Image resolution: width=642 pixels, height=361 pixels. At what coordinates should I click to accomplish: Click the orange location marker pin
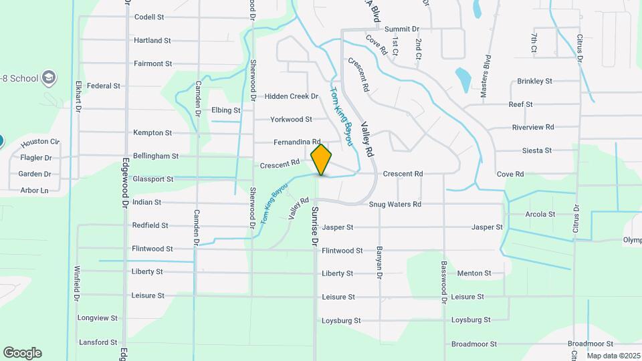click(322, 159)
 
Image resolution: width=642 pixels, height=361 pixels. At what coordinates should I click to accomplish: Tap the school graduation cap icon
click(48, 78)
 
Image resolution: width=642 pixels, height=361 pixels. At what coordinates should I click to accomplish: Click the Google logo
click(22, 353)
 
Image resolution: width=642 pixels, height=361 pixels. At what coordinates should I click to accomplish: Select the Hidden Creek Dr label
click(291, 96)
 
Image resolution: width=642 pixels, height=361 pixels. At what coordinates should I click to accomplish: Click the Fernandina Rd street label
click(297, 142)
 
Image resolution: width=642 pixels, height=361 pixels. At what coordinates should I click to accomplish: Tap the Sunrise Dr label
click(315, 226)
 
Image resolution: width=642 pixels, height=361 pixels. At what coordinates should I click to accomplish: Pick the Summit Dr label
click(402, 29)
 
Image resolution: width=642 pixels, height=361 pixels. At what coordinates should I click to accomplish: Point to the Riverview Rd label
click(533, 127)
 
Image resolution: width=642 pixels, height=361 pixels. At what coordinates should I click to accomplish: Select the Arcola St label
click(540, 214)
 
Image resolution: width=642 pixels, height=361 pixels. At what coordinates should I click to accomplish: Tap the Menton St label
click(474, 273)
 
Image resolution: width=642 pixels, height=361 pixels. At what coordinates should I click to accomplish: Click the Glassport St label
click(152, 179)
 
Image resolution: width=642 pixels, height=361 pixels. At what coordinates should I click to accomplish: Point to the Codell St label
click(149, 17)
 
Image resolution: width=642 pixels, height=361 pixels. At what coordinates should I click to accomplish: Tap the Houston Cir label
click(40, 143)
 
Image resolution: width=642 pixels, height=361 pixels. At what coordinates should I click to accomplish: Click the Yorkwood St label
click(291, 120)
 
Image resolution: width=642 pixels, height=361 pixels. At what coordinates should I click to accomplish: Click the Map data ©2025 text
click(613, 356)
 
